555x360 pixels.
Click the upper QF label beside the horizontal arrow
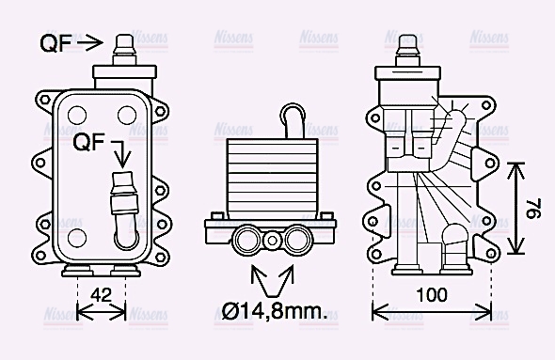pos(55,42)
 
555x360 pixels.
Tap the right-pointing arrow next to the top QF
pos(88,42)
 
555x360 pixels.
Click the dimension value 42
pos(101,295)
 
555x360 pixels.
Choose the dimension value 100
pos(432,295)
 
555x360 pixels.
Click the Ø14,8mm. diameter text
pos(277,311)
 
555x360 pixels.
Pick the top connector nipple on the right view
pos(406,49)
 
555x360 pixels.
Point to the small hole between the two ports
pos(274,240)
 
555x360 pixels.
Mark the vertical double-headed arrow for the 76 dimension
pos(515,208)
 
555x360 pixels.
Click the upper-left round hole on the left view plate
pos(70,114)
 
